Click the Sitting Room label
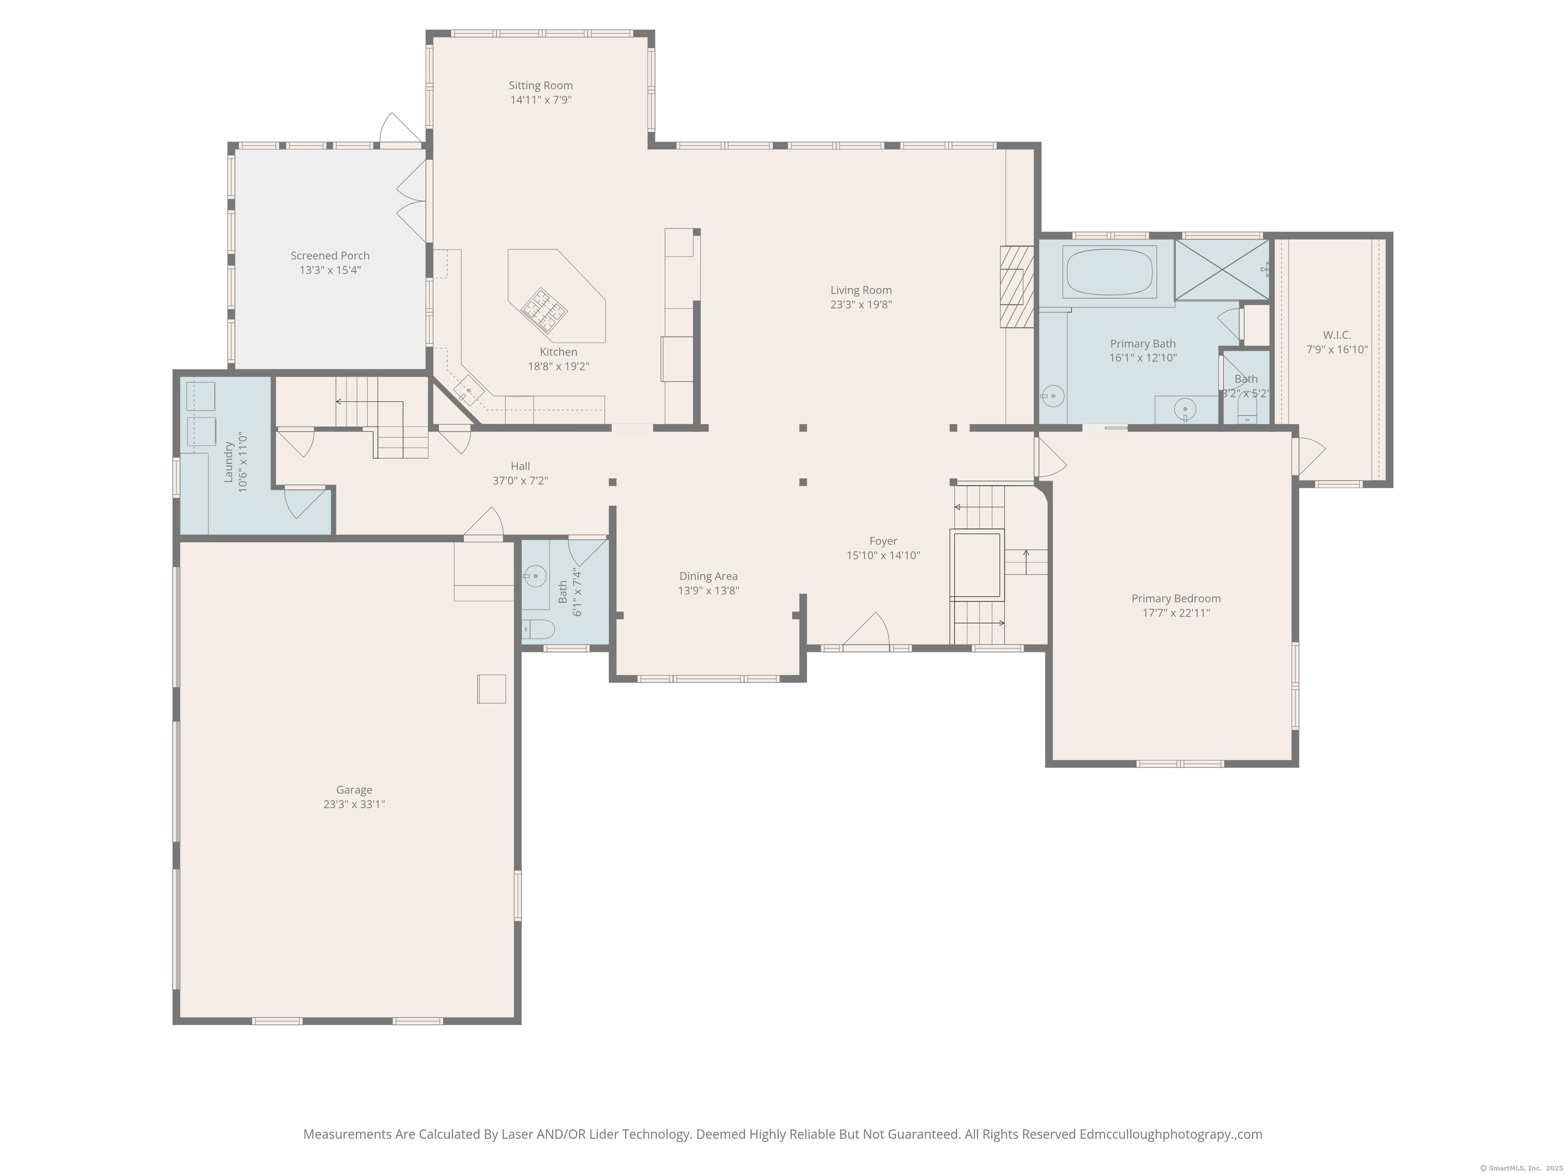[540, 86]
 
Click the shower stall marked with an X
[1221, 270]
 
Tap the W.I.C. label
[1337, 335]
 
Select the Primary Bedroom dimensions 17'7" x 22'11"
[1176, 613]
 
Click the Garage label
[354, 790]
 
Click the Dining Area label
[709, 576]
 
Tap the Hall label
[520, 466]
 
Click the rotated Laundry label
[229, 462]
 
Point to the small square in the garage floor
[491, 688]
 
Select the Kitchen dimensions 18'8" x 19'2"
[559, 366]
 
